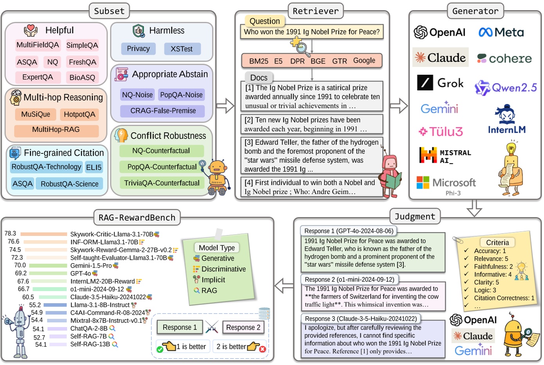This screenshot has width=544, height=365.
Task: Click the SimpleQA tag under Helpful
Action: pyautogui.click(x=82, y=45)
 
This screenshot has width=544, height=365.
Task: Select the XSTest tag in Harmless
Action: pyautogui.click(x=181, y=49)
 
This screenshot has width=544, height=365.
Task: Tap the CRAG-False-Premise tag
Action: pyautogui.click(x=163, y=111)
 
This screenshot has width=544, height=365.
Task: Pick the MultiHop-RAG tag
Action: pyautogui.click(x=56, y=130)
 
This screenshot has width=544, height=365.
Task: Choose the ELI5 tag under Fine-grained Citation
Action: pyautogui.click(x=94, y=167)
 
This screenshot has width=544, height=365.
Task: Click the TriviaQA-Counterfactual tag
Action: pyautogui.click(x=162, y=183)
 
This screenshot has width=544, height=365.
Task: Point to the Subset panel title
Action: pyautogui.click(x=109, y=11)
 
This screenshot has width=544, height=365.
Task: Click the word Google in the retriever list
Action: pyautogui.click(x=364, y=61)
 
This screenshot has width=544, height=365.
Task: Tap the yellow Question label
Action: pyautogui.click(x=265, y=21)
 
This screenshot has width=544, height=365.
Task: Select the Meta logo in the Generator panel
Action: pyautogui.click(x=501, y=32)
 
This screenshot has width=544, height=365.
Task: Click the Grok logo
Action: pyautogui.click(x=440, y=83)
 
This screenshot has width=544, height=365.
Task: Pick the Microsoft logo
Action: pyautogui.click(x=446, y=183)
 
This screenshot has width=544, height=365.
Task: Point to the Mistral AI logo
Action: pyautogui.click(x=445, y=155)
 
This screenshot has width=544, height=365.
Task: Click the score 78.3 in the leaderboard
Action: pyautogui.click(x=10, y=234)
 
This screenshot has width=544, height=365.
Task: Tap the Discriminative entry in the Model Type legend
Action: pyautogui.click(x=223, y=269)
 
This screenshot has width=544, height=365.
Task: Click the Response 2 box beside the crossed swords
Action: pyautogui.click(x=243, y=327)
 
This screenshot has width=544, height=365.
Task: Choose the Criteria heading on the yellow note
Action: pyautogui.click(x=497, y=243)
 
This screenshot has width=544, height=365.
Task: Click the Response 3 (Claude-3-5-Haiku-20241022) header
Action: pyautogui.click(x=361, y=319)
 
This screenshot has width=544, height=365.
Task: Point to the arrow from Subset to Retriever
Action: pyautogui.click(x=225, y=105)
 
